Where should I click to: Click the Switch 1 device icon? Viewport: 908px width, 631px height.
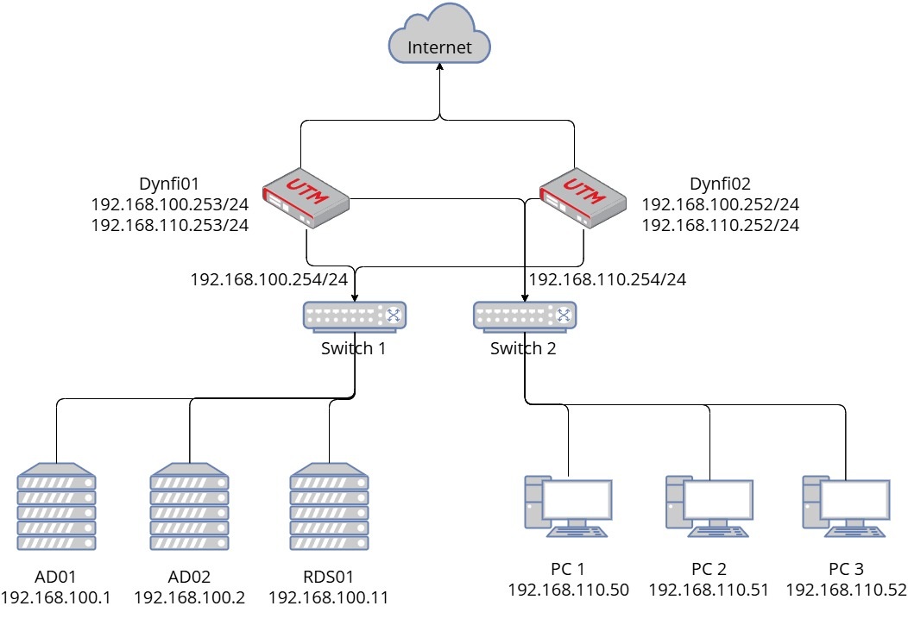pos(355,315)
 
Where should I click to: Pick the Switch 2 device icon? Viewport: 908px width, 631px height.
pos(525,315)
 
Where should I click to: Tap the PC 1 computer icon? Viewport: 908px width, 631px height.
pos(568,507)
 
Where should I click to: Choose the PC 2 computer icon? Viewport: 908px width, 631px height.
pos(709,507)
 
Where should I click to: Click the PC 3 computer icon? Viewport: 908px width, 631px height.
pos(846,507)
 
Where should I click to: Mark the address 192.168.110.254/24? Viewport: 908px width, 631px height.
pos(608,279)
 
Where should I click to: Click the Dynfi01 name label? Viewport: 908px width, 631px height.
pos(169,184)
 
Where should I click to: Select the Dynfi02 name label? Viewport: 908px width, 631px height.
pos(721,184)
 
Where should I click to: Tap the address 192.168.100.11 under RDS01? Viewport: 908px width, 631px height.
pos(329,597)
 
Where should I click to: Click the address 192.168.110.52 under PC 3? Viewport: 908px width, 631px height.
pos(846,590)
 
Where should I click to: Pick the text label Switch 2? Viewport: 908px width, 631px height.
pos(523,349)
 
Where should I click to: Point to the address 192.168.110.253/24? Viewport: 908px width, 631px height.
pos(169,225)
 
